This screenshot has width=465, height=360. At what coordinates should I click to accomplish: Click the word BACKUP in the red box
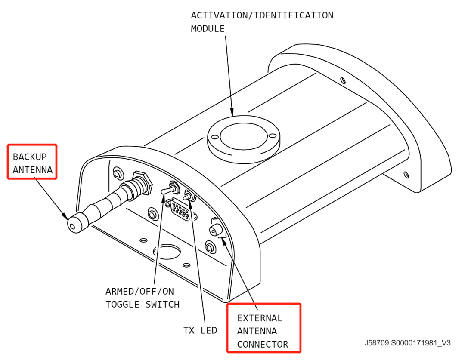coord(29,157)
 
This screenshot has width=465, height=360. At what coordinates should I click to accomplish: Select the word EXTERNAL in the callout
coord(260,318)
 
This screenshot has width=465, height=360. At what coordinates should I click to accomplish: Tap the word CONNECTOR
coord(263,344)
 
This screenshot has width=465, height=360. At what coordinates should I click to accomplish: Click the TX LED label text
coord(200,330)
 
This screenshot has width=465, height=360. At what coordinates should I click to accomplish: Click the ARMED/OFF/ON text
coord(140,291)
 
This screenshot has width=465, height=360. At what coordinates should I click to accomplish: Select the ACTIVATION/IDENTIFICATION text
coord(262,15)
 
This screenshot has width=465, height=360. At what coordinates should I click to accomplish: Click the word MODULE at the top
coord(208,29)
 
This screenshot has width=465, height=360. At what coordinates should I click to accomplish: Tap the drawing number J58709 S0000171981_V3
coord(407,343)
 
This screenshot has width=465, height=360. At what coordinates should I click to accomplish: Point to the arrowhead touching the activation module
coord(232,112)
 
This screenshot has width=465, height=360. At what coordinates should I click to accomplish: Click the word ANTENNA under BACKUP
coord(33,169)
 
